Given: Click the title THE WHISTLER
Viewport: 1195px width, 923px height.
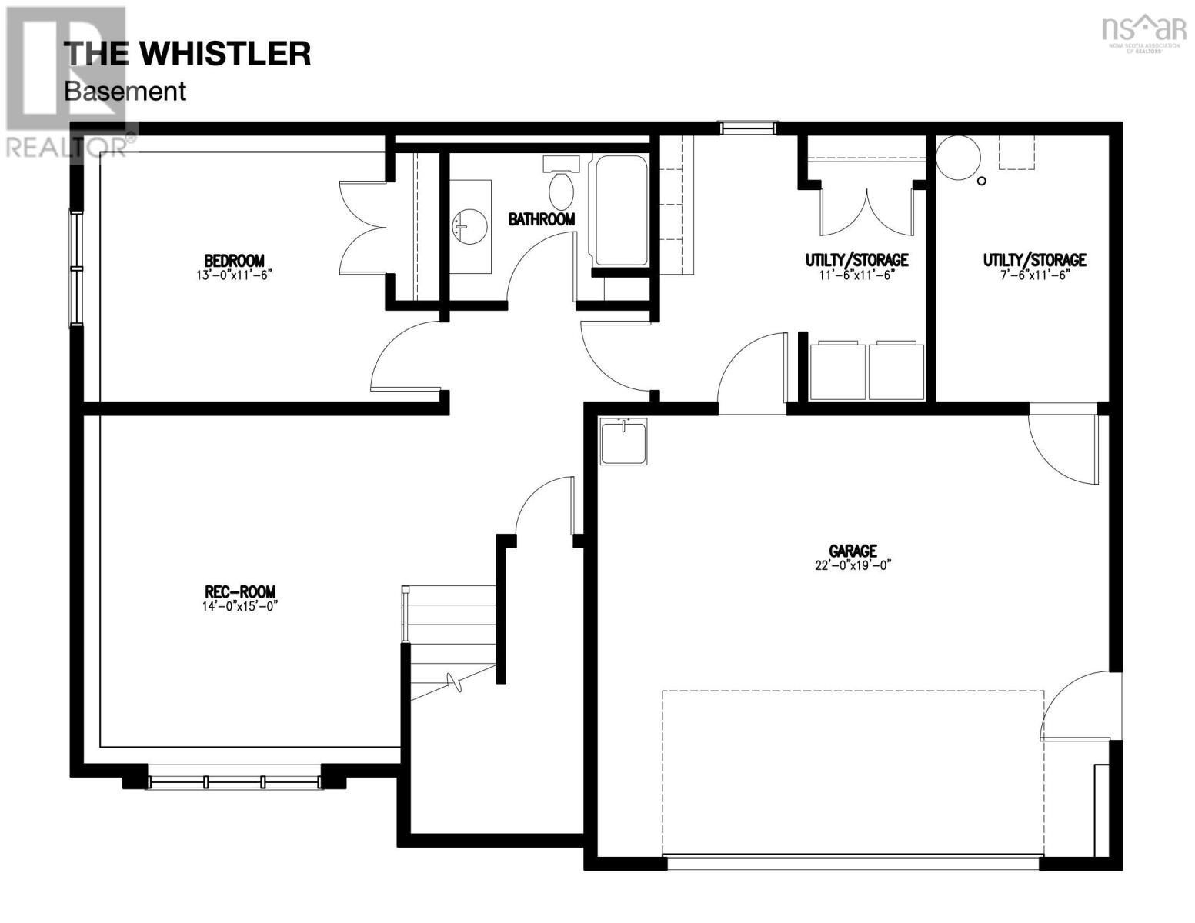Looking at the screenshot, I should point(187,54).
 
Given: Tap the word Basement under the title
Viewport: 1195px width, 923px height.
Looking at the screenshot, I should point(125,91).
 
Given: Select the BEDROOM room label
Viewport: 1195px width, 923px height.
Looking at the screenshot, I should point(234,261).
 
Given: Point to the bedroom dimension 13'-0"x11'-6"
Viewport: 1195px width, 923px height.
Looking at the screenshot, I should point(234,275).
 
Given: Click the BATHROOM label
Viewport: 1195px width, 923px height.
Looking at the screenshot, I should point(541,219).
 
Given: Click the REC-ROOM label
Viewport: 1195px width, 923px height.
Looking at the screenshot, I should point(239,591).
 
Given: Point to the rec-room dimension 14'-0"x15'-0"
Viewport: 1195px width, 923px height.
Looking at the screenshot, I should point(239,605).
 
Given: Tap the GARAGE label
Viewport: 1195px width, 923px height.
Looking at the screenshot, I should point(853,551).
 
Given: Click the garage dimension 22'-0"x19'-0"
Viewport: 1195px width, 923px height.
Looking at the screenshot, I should point(853,565).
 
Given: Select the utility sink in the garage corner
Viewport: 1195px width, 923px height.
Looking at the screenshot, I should point(624,442).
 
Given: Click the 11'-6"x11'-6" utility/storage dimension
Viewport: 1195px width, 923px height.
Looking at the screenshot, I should point(856,275).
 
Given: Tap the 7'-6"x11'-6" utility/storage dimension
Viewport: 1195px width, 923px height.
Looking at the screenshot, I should point(1034,275).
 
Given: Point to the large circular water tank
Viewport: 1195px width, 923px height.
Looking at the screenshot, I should point(958,158).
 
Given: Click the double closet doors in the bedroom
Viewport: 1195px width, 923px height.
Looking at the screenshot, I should point(363,228).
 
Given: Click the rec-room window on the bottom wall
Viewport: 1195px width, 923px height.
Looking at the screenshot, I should point(234,781).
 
